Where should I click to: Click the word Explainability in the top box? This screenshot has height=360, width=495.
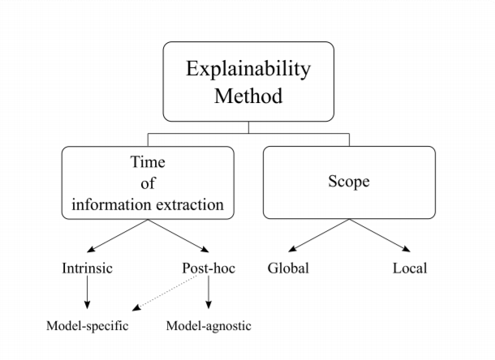click(x=247, y=68)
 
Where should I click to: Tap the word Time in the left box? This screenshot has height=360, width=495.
click(x=147, y=162)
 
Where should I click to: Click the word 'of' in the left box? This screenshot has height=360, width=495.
click(x=147, y=183)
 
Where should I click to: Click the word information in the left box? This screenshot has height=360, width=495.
click(x=110, y=204)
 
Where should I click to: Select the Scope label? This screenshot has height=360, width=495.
click(x=349, y=182)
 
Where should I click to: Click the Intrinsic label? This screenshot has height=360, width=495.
click(x=88, y=268)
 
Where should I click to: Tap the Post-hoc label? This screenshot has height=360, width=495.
click(x=209, y=268)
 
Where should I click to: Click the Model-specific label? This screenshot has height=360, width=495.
click(x=88, y=326)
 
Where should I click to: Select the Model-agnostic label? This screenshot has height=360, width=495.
click(x=209, y=326)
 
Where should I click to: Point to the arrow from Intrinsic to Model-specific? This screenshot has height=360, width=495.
click(x=88, y=295)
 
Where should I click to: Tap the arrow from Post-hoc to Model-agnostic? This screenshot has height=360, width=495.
click(x=209, y=295)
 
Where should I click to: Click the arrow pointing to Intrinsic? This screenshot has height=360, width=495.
click(x=117, y=237)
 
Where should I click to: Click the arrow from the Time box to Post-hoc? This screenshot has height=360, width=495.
click(x=179, y=237)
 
